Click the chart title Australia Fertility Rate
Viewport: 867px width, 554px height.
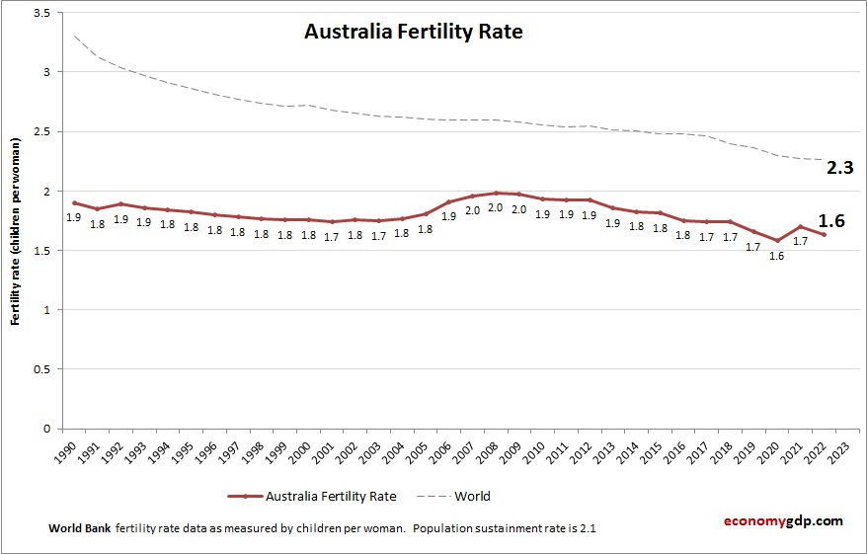(x=413, y=32)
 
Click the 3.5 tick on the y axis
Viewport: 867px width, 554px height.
(x=43, y=13)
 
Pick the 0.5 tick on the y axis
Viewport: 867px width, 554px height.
(x=43, y=369)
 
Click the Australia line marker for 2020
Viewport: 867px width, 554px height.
(x=777, y=240)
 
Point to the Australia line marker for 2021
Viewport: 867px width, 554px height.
(x=801, y=227)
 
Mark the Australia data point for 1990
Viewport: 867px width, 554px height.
(x=75, y=202)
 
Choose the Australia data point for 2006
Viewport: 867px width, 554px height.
(x=449, y=201)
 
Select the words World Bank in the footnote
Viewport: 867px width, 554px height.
(x=79, y=528)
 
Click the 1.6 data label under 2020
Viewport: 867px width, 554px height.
(x=777, y=256)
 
